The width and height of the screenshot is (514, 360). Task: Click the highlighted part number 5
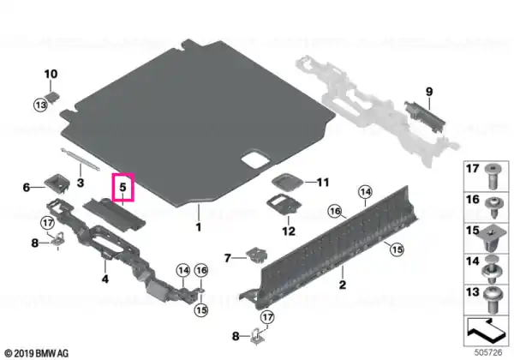click(123, 187)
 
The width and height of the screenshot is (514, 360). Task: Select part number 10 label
click(51, 74)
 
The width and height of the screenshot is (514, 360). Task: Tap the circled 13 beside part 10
click(40, 105)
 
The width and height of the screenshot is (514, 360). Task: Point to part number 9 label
click(429, 92)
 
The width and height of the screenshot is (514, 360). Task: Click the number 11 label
click(323, 182)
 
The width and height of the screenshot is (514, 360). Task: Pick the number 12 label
click(289, 231)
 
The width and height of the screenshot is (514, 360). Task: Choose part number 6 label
click(27, 187)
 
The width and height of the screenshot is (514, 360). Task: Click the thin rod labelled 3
click(81, 159)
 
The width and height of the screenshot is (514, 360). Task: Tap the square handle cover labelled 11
click(286, 182)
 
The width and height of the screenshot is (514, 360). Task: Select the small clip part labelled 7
click(256, 255)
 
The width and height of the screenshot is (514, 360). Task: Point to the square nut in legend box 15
click(491, 239)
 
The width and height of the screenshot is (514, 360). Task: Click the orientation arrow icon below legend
click(485, 329)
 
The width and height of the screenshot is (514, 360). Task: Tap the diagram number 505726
click(488, 352)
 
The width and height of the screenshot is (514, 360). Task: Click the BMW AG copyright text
click(37, 353)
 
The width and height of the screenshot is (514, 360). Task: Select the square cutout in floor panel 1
click(255, 159)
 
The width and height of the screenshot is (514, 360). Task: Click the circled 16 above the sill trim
click(335, 211)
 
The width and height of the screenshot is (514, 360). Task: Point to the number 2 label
click(343, 285)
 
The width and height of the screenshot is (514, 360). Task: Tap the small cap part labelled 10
click(53, 97)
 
